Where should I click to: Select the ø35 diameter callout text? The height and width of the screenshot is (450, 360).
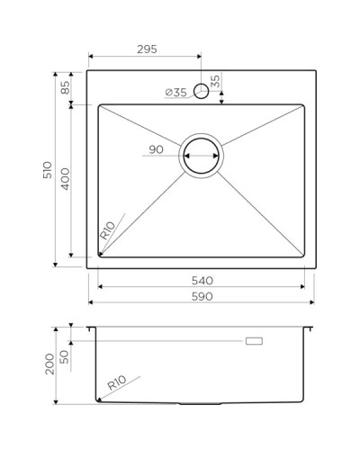175,92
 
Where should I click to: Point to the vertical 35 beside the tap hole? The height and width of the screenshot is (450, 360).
214,84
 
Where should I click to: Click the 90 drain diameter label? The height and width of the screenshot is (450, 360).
156,150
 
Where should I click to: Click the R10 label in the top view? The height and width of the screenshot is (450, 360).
108,230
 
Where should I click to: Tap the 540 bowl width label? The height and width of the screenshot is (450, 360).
201,280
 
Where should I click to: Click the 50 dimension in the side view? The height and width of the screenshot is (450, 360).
64,356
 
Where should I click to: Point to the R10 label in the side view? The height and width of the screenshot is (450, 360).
116,386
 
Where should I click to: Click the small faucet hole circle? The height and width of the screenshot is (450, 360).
202,91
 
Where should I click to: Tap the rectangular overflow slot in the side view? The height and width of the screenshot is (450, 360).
254,341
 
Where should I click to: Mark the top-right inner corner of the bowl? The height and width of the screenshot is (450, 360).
302,106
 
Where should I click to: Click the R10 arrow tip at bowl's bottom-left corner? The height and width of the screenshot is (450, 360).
99,256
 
